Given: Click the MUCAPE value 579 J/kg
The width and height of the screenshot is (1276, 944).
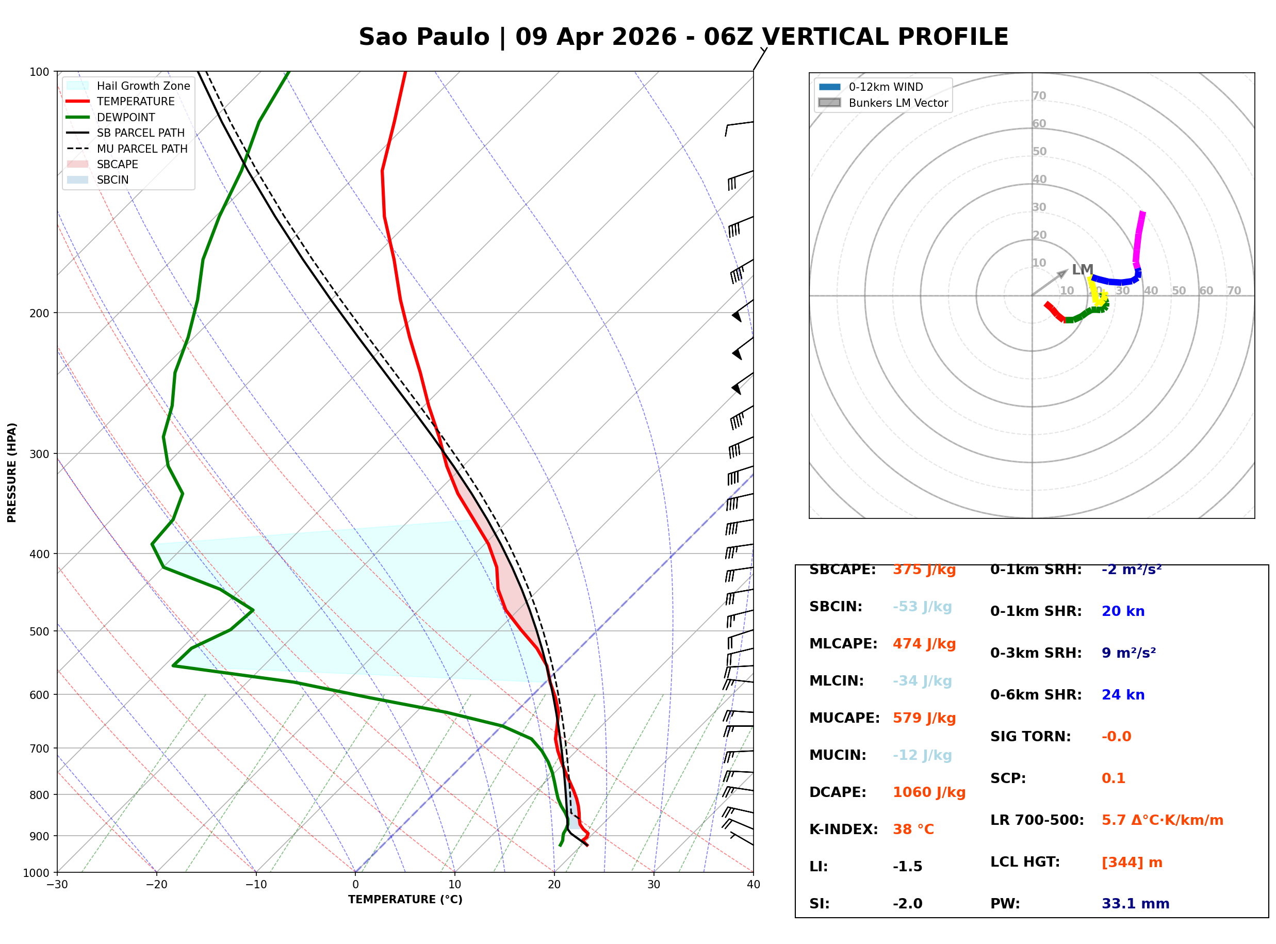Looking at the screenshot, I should [x=924, y=718].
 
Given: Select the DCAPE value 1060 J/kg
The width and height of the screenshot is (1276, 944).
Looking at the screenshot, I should [x=929, y=792].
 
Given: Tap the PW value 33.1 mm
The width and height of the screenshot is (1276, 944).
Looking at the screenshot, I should [x=1135, y=903].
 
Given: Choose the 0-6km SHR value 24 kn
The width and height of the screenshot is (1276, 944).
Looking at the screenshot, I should [x=1123, y=694].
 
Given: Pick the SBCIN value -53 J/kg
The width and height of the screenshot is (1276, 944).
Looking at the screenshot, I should [x=922, y=606].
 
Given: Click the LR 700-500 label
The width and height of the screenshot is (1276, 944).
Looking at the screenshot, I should [x=1037, y=820].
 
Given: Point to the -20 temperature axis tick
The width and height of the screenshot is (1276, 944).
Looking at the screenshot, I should [x=156, y=885].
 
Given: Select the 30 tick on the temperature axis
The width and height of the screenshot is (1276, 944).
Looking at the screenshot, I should [x=653, y=885].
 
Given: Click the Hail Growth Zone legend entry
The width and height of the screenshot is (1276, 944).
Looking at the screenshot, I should [x=143, y=86].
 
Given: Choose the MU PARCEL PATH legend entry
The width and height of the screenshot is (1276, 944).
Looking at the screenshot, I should [x=142, y=149].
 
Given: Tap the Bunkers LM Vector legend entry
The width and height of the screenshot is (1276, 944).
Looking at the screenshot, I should [x=898, y=103].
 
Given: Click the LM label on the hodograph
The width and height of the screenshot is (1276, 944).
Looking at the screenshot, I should [x=1082, y=269].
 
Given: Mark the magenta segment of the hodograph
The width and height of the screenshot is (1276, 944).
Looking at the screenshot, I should [x=1138, y=237].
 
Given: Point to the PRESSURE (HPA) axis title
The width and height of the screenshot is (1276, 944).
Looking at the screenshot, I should [x=12, y=472].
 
